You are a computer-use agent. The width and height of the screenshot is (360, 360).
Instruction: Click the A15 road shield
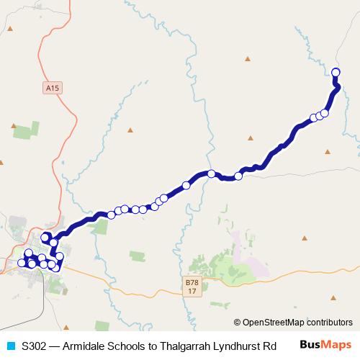coord(49,88)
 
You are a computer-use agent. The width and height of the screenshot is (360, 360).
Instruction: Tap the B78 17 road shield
coord(190,286)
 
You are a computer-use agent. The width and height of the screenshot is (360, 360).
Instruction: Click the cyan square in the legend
coord(10,346)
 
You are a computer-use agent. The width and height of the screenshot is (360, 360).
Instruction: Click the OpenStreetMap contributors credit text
coord(297,323)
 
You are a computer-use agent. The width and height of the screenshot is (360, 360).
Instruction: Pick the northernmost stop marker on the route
coord(336,71)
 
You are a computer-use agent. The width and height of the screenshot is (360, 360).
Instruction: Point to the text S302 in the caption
coord(35,346)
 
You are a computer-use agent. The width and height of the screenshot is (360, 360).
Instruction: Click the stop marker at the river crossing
coord(211,174)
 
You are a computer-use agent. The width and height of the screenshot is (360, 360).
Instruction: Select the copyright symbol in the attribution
coord(238,323)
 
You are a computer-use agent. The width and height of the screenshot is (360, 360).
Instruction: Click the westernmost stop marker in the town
coord(22,263)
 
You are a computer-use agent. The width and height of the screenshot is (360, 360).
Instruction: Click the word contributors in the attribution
coord(328,323)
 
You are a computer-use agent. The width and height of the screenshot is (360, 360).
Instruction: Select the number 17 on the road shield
coord(190,291)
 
